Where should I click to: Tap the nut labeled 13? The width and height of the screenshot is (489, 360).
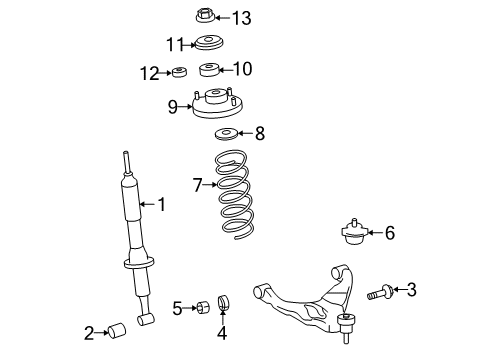tap(201, 16)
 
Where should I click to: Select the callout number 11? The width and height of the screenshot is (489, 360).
tap(175, 43)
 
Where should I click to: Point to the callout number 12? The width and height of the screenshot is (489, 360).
tap(149, 72)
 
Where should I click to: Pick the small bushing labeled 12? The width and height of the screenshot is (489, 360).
tap(180, 72)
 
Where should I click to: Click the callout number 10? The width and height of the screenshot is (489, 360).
tap(243, 69)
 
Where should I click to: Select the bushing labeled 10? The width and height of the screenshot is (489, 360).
tap(209, 70)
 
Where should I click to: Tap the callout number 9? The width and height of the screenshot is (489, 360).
tap(173, 106)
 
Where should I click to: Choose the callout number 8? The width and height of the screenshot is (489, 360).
tap(259, 132)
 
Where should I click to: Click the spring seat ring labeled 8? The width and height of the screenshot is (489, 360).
tap(227, 135)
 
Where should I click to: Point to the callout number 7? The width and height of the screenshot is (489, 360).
tap(197, 184)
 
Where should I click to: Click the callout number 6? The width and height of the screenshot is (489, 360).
tap(389, 233)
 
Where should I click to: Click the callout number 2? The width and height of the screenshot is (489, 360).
tap(89, 332)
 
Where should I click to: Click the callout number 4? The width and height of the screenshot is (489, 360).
tap(222, 333)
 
